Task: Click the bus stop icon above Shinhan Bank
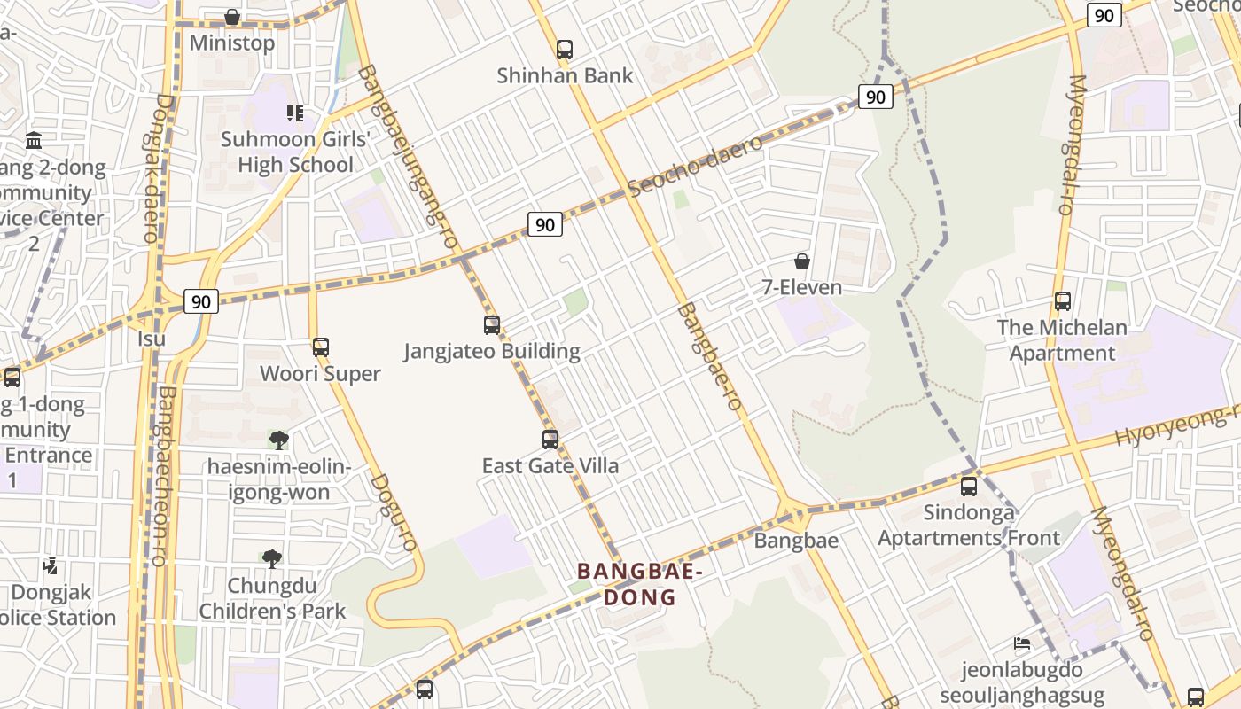565,50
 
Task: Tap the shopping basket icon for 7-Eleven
802,261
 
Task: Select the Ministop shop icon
232,17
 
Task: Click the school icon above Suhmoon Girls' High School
295,113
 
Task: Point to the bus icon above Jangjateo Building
492,324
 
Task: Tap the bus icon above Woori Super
321,347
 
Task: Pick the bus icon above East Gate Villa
550,440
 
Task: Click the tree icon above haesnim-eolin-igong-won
279,440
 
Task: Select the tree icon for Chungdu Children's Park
272,559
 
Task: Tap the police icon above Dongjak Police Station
51,565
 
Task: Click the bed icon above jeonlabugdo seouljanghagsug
1022,643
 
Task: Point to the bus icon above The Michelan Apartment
1063,301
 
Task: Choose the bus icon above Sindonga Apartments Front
969,487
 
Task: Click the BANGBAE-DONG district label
640,584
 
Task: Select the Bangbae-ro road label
708,356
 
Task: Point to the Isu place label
152,339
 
